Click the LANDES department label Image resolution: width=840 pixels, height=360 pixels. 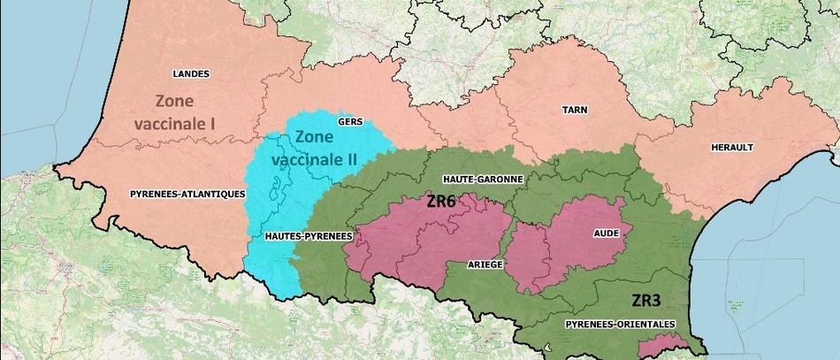click(x=191, y=73)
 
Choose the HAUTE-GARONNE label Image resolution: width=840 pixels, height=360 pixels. click(x=485, y=179)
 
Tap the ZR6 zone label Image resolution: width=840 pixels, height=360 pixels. click(x=439, y=201)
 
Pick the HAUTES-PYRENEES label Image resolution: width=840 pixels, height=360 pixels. click(x=309, y=237)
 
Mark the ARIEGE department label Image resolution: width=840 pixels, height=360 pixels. click(x=485, y=264)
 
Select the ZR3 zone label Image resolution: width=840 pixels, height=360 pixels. click(x=647, y=300)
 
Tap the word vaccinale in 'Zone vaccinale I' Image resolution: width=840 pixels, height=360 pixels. click(x=167, y=123)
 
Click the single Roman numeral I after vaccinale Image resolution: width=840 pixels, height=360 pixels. click(x=213, y=123)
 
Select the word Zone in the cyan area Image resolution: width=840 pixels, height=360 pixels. click(x=317, y=137)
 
